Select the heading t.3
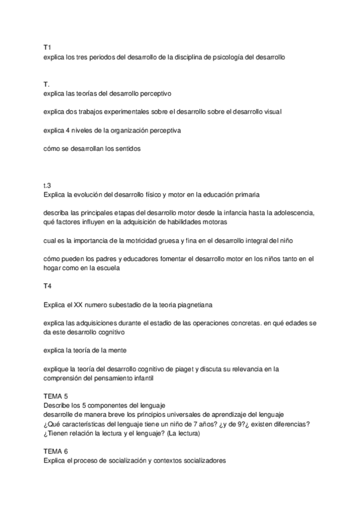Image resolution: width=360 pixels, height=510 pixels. click(47, 186)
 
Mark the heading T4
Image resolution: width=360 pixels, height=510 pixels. click(47, 286)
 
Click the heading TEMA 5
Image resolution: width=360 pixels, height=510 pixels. click(56, 396)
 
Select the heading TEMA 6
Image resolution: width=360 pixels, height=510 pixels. click(56, 451)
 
